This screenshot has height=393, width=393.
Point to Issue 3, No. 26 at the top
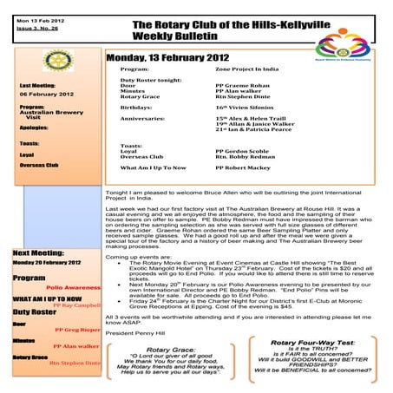(x=29, y=28)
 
